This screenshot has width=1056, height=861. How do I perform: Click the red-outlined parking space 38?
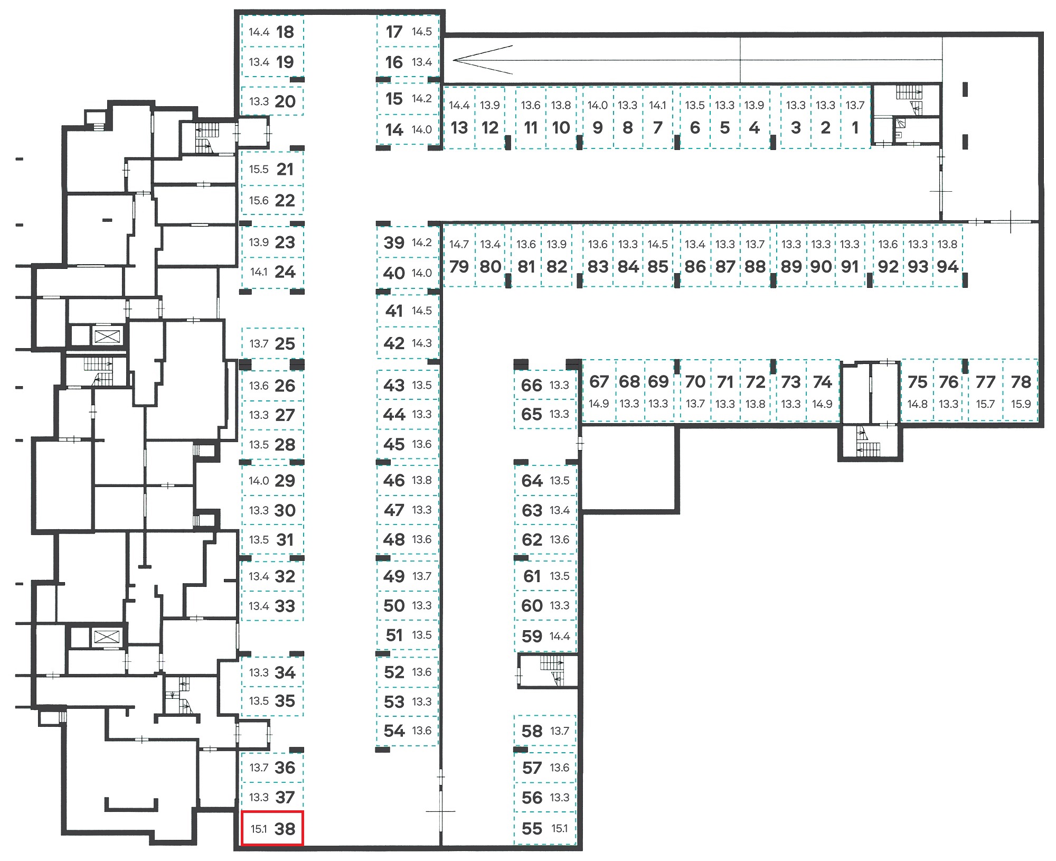click(272, 828)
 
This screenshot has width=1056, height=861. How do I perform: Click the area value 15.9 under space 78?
click(1021, 404)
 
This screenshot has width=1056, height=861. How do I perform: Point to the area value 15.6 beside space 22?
click(259, 200)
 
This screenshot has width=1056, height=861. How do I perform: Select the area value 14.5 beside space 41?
click(422, 311)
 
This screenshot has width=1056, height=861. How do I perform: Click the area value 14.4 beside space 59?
click(560, 636)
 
